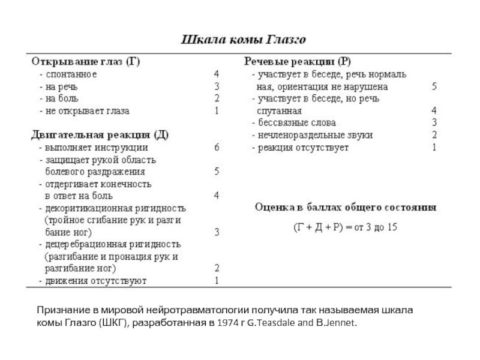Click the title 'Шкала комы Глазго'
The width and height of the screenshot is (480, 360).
pyautogui.click(x=244, y=40)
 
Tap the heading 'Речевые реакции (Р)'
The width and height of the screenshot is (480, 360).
pyautogui.click(x=297, y=61)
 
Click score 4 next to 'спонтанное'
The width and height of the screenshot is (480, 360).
pyautogui.click(x=217, y=74)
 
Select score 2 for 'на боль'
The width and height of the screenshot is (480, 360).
pyautogui.click(x=217, y=98)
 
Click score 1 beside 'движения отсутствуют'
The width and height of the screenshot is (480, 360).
pyautogui.click(x=217, y=280)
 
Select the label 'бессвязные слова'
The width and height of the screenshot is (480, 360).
pyautogui.click(x=292, y=123)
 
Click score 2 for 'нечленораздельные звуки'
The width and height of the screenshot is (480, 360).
pyautogui.click(x=434, y=135)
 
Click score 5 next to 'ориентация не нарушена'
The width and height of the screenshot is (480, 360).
pyautogui.click(x=434, y=86)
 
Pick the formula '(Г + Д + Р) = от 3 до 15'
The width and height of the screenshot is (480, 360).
pyautogui.click(x=344, y=228)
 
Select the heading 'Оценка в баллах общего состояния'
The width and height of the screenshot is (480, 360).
pyautogui.click(x=346, y=208)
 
